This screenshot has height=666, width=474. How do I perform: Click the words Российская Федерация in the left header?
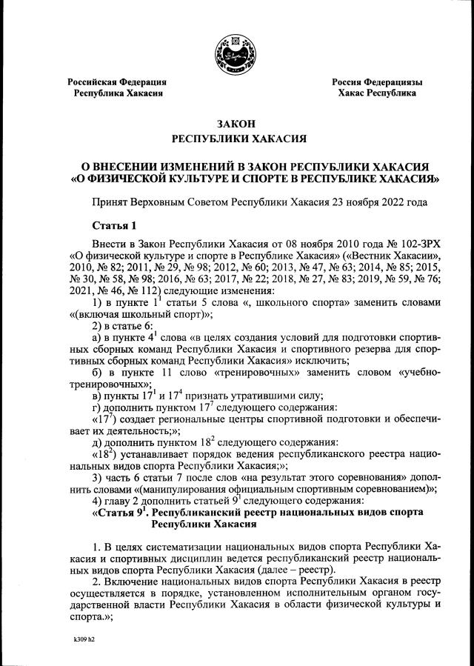coord(117,81)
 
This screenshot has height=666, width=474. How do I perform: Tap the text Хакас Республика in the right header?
coord(377,93)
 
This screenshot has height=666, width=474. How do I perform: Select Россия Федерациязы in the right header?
coord(377,81)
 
